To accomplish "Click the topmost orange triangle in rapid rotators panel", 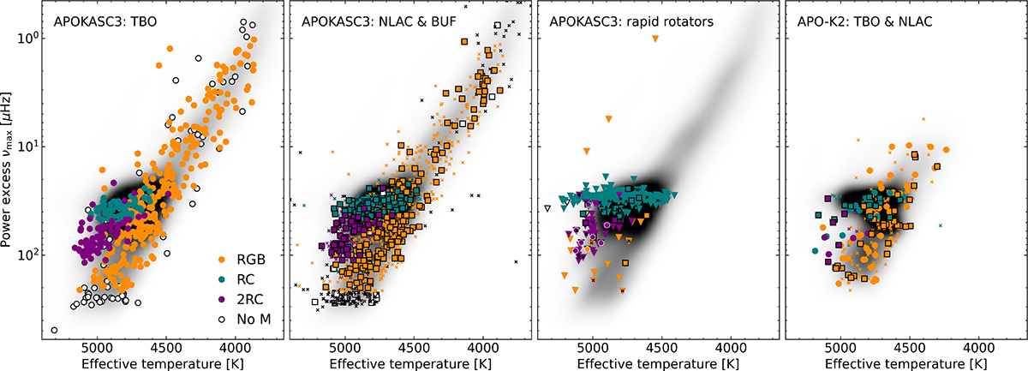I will click(x=655, y=39).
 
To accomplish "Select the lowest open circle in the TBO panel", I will click(x=55, y=330).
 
